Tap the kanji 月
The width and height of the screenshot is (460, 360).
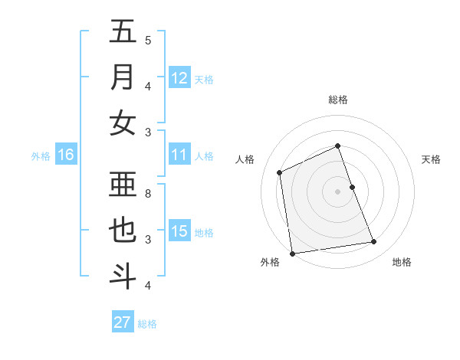122,78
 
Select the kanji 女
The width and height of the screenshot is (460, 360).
122,123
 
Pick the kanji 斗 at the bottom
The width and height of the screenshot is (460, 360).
122,275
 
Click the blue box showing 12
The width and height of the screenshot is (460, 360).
179,78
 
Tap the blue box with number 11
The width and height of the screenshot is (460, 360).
179,155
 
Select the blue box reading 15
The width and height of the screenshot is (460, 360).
179,231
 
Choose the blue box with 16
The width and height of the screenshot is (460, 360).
66,155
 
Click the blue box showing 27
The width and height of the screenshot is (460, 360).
123,322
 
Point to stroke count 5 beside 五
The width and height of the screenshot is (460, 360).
148,40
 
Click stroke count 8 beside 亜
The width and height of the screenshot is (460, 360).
148,193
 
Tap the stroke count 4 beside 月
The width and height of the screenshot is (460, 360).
148,86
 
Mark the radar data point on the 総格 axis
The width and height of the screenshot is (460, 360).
337,146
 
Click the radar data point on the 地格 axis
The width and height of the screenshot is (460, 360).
374,242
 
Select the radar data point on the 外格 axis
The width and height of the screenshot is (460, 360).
292,254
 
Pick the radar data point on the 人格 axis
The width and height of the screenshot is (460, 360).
280,172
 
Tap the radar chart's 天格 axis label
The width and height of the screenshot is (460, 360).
431,159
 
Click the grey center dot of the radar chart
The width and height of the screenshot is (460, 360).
337,191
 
